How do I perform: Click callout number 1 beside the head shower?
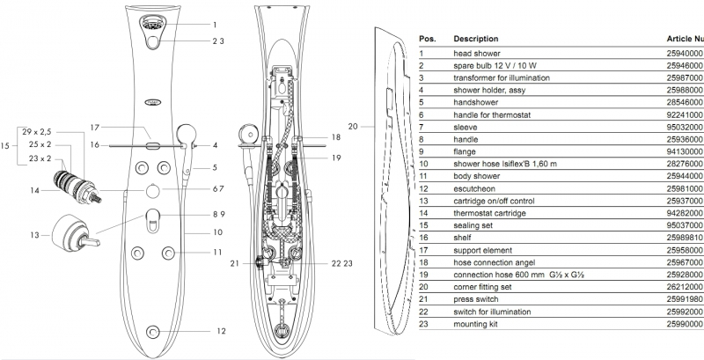pos(214,25)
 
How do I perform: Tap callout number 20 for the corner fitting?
pos(353,127)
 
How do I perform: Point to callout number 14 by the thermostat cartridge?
pos(34,190)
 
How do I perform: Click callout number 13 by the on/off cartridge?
pos(34,236)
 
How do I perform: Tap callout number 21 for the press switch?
pos(234,263)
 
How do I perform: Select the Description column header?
pos(475,40)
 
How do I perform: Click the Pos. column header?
pos(428,40)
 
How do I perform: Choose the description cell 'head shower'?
pos(478,53)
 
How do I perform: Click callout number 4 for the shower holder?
pos(214,145)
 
